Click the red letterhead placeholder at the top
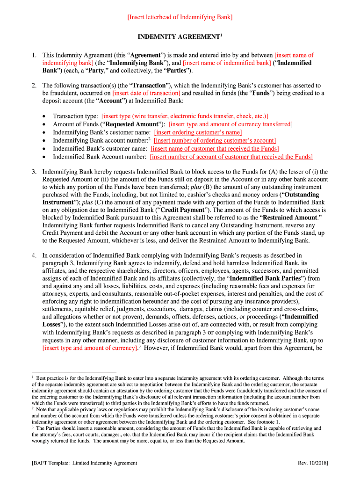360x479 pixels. [180, 17]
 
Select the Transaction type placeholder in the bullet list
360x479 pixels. [185, 116]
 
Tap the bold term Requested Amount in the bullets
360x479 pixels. [132, 124]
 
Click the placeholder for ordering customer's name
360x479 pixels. [198, 132]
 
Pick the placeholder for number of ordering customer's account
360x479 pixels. [215, 140]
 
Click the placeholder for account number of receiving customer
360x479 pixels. [231, 157]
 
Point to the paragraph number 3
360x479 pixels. [34, 172]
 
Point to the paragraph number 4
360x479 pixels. [34, 255]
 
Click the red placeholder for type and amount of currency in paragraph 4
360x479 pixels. [89, 348]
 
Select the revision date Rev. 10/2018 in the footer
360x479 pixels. [313, 463]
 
